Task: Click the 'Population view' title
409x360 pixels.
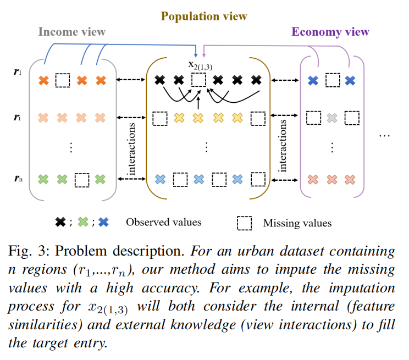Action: pyautogui.click(x=204, y=16)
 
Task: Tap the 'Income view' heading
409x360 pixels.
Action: pyautogui.click(x=71, y=31)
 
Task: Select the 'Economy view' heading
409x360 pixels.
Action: pyautogui.click(x=330, y=31)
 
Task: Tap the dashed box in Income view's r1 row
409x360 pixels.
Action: pyautogui.click(x=63, y=81)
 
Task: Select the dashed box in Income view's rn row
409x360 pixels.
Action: pyautogui.click(x=81, y=179)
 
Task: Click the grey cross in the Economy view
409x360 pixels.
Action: pyautogui.click(x=332, y=118)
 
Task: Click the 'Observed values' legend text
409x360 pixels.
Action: pyautogui.click(x=164, y=223)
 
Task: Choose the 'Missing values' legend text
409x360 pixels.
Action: pyautogui.click(x=297, y=223)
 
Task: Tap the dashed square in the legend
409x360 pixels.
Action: pyautogui.click(x=244, y=223)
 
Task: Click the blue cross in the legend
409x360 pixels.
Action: pyautogui.click(x=103, y=223)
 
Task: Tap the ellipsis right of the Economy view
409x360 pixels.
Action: pyautogui.click(x=384, y=135)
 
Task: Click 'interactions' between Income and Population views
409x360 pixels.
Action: pyautogui.click(x=132, y=149)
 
